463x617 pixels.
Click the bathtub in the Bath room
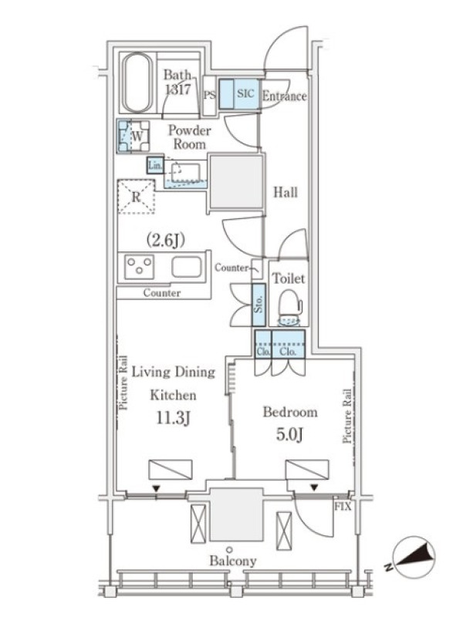point(137,83)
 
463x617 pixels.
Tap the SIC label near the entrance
point(245,93)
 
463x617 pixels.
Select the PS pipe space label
point(210,95)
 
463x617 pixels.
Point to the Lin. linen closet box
point(155,166)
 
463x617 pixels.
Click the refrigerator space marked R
point(137,197)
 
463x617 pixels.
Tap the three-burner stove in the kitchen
point(139,266)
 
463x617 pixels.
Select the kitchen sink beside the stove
point(187,267)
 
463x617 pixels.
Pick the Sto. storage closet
point(259,304)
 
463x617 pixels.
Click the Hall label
point(286,192)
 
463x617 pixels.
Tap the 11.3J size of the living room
point(174,418)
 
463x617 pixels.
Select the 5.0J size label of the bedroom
point(290,435)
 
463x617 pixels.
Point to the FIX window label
point(343,507)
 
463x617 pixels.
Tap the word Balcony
point(233,561)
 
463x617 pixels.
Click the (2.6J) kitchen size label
point(166,240)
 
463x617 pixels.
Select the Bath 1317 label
point(177,82)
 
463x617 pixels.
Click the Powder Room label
point(189,137)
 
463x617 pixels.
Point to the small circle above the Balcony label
point(229,549)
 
